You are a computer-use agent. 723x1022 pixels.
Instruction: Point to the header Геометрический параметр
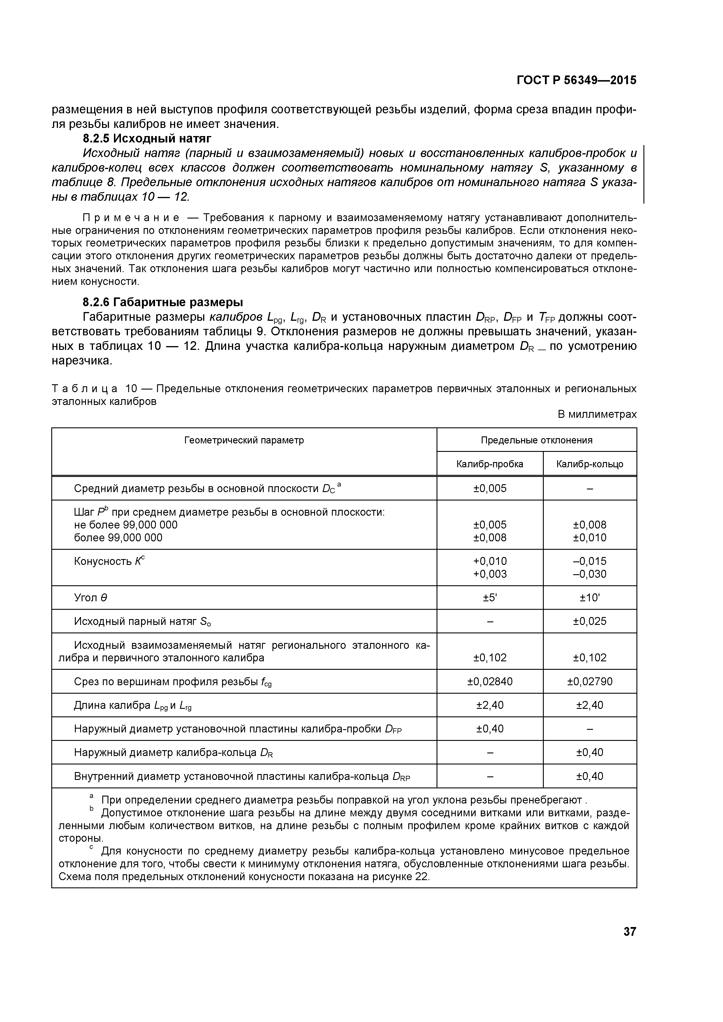pos(244,440)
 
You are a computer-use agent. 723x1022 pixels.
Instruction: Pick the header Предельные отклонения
pos(536,440)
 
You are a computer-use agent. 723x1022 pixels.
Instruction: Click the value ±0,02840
pos(490,681)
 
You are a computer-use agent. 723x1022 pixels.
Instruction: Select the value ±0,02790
pos(590,681)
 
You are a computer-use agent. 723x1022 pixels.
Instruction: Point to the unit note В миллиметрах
pos(597,414)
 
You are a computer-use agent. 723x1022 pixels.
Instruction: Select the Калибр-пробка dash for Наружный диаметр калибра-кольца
pos(490,752)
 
